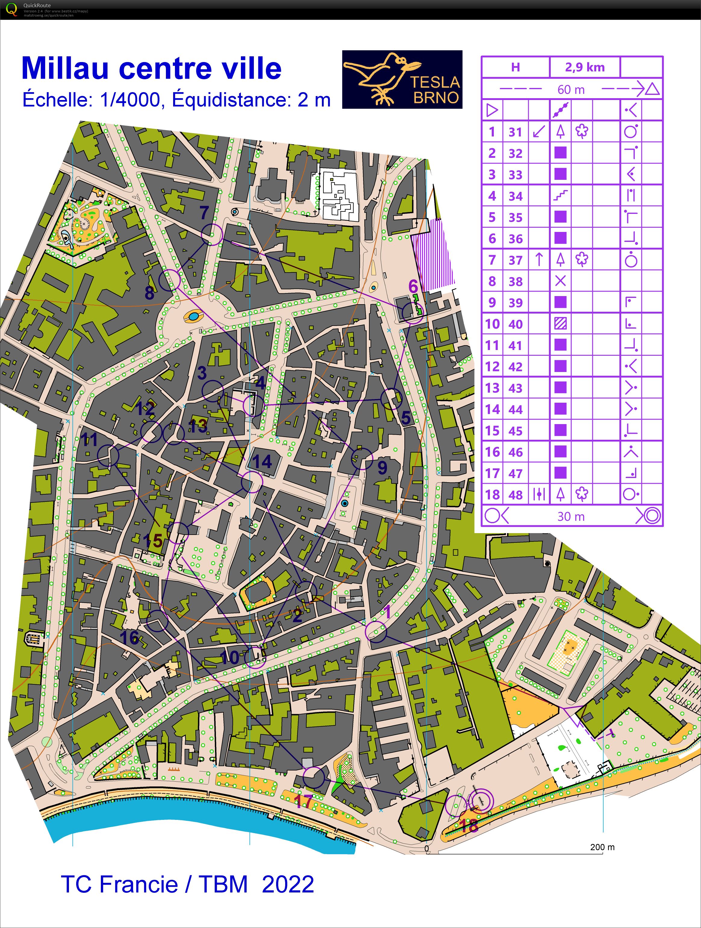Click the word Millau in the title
[x=65, y=68]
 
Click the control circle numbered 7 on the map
[x=212, y=234]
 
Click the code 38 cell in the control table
[x=516, y=282]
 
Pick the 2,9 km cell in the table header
[x=584, y=67]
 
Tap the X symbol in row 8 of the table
[x=560, y=281]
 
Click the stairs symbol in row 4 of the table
[x=560, y=195]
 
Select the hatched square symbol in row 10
[x=560, y=324]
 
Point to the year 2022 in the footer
[x=288, y=884]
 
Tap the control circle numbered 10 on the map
[x=255, y=657]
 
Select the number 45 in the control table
[x=516, y=431]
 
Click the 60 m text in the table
[x=571, y=89]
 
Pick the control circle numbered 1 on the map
[x=376, y=632]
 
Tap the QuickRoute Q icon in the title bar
[x=11, y=9]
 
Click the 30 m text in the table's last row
[x=571, y=517]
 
